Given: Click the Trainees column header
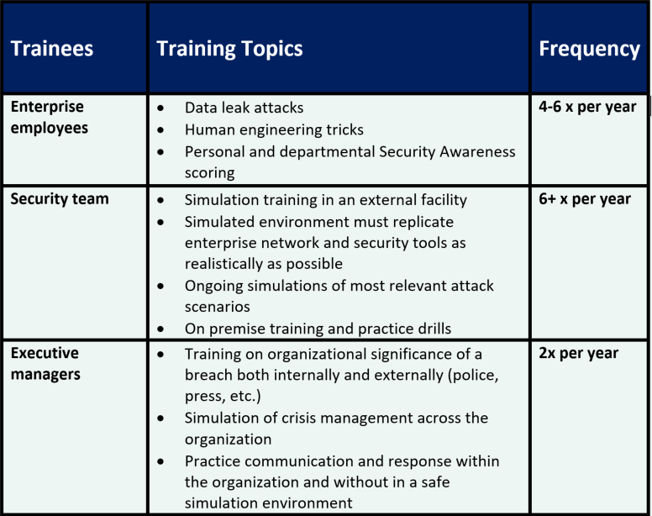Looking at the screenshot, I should (x=51, y=49).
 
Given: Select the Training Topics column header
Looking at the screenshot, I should (x=229, y=49).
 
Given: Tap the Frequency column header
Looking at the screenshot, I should (x=589, y=49).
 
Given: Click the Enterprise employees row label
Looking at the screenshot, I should (x=48, y=118).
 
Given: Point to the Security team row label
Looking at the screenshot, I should (x=60, y=199).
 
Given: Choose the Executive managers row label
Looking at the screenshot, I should (x=45, y=363).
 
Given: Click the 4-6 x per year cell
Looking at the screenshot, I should (x=587, y=108).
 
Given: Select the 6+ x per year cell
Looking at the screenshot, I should (x=584, y=199).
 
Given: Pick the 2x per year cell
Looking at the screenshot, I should (x=578, y=353).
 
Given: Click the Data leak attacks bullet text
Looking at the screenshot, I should (x=244, y=108).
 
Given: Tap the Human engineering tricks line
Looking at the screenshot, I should (x=274, y=129).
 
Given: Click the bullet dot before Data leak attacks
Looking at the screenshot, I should (x=162, y=108).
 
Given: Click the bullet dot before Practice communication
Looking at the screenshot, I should (x=162, y=462).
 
